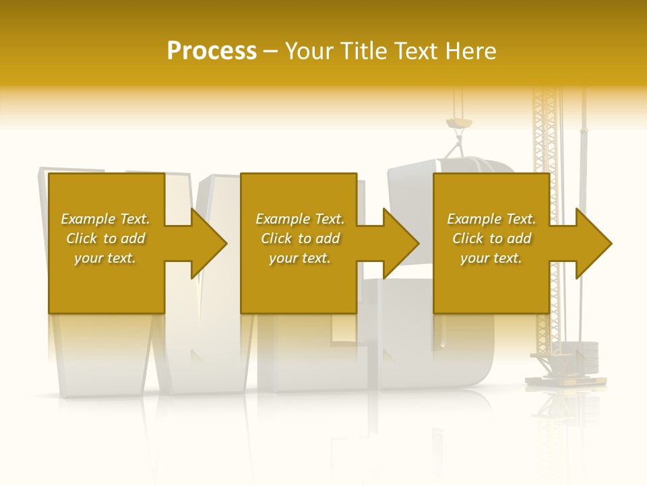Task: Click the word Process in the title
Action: pyautogui.click(x=212, y=51)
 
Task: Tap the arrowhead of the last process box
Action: pyautogui.click(x=593, y=243)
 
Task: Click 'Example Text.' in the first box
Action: pyautogui.click(x=105, y=219)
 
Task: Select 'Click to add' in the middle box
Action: pyautogui.click(x=300, y=238)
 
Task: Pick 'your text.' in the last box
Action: pyautogui.click(x=491, y=258)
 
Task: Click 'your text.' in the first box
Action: pyautogui.click(x=105, y=258)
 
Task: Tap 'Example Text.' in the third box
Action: pyautogui.click(x=491, y=219)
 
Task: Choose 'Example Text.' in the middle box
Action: pyautogui.click(x=300, y=219)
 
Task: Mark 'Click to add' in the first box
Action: pyautogui.click(x=105, y=238)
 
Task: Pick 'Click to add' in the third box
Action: pyautogui.click(x=491, y=238)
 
